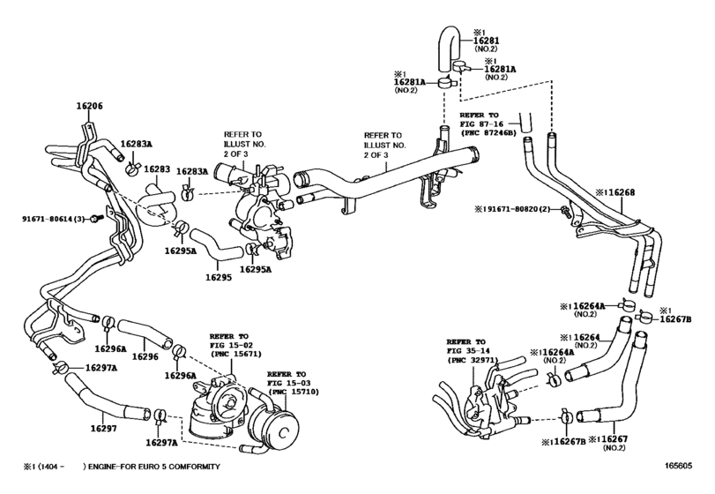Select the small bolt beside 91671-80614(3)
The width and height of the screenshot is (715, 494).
click(94, 218)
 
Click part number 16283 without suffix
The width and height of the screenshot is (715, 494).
click(158, 169)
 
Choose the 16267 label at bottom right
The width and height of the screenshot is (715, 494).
click(617, 438)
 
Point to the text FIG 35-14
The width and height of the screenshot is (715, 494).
click(465, 350)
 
